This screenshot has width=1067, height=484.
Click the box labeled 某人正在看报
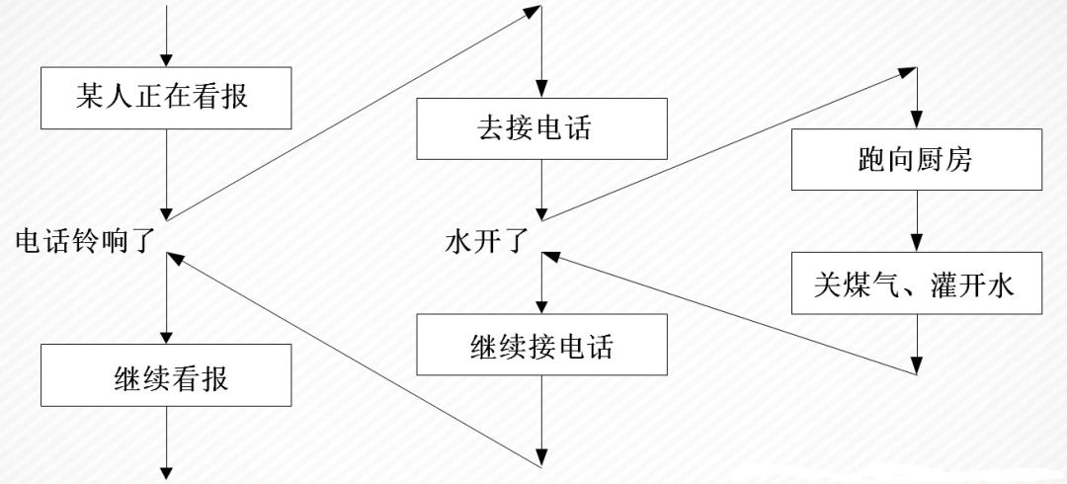166,98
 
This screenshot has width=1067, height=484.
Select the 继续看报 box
166,375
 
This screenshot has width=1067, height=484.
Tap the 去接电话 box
541,128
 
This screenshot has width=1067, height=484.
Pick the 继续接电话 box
541,345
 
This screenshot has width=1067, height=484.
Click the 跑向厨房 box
917,159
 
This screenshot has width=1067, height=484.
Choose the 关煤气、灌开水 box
917,283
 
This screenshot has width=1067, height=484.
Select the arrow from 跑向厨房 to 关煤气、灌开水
917,221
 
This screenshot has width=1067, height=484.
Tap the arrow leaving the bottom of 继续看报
166,443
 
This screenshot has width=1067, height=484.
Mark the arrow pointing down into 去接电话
541,51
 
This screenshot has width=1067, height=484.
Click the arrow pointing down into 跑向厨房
917,98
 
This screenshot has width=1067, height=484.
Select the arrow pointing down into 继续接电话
541,283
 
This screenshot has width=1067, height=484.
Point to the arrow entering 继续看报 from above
166,298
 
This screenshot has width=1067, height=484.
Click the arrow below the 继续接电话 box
541,422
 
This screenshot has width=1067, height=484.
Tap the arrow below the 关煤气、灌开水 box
917,344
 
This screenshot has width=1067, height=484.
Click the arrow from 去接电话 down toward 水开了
541,190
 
